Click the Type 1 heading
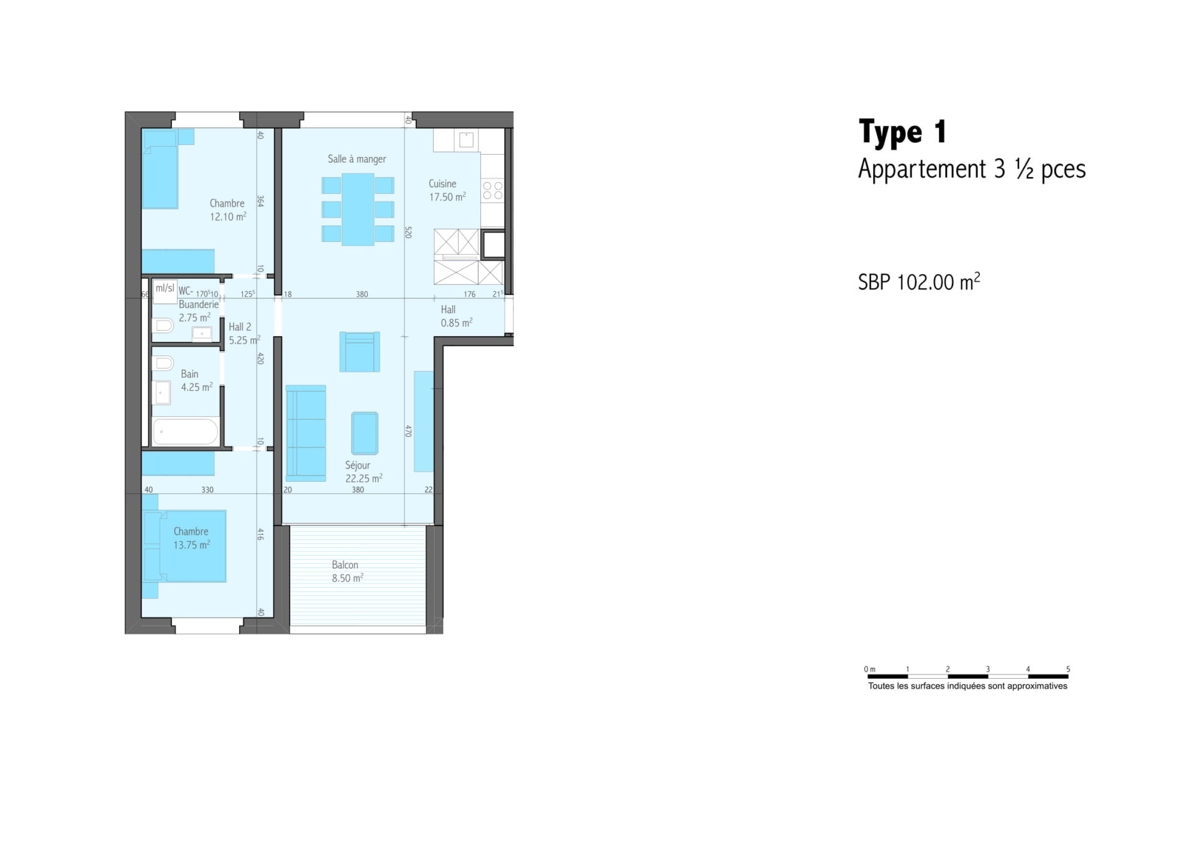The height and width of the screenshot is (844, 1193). click(x=902, y=132)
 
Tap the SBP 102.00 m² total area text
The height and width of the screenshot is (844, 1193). click(x=919, y=282)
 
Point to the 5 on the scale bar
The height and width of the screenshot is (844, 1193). click(x=1067, y=669)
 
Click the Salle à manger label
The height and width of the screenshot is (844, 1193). click(x=357, y=159)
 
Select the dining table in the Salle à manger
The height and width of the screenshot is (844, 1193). click(x=358, y=209)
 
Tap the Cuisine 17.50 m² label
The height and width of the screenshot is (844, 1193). click(x=447, y=190)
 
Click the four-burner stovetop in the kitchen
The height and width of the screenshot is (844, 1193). click(x=493, y=190)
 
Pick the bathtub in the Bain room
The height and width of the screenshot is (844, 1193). click(x=186, y=431)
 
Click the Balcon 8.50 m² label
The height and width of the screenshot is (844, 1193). click(x=347, y=571)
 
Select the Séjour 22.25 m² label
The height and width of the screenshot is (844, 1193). click(x=363, y=472)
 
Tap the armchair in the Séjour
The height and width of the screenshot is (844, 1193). click(x=360, y=352)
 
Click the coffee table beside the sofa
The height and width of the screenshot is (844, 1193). click(x=365, y=433)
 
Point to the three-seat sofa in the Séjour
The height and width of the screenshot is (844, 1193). click(x=306, y=433)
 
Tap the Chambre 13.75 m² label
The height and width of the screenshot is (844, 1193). click(x=191, y=538)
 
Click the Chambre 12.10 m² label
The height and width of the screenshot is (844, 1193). click(x=227, y=210)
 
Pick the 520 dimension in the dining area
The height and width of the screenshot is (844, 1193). click(x=408, y=232)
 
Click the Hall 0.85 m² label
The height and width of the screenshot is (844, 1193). click(x=456, y=316)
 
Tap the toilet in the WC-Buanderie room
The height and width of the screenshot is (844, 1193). click(x=163, y=325)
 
